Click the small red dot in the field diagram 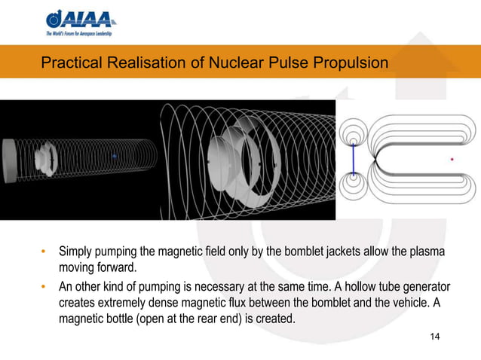452,159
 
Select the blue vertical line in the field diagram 352,160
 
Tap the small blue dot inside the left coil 113,155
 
